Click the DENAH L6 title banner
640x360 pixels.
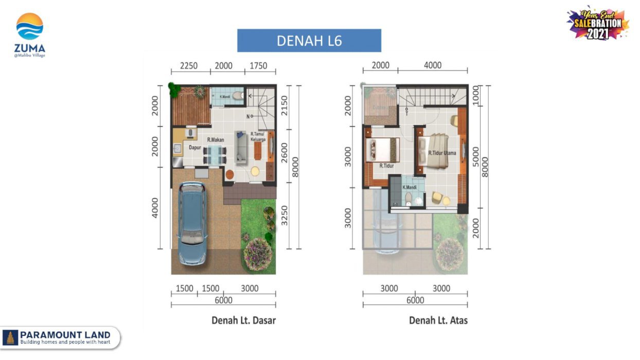coord(309,41)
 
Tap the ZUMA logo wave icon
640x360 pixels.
coord(30,27)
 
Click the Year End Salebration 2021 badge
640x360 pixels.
coord(598,23)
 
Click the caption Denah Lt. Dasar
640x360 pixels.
coord(243,320)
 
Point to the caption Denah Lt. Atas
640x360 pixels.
coord(438,320)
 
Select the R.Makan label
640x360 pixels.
coord(215,139)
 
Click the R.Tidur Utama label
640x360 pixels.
coord(443,153)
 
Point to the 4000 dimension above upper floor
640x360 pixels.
coord(433,65)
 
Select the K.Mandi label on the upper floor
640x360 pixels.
coord(410,187)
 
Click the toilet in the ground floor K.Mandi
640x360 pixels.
coord(237,95)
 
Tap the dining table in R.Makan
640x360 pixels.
coord(214,153)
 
